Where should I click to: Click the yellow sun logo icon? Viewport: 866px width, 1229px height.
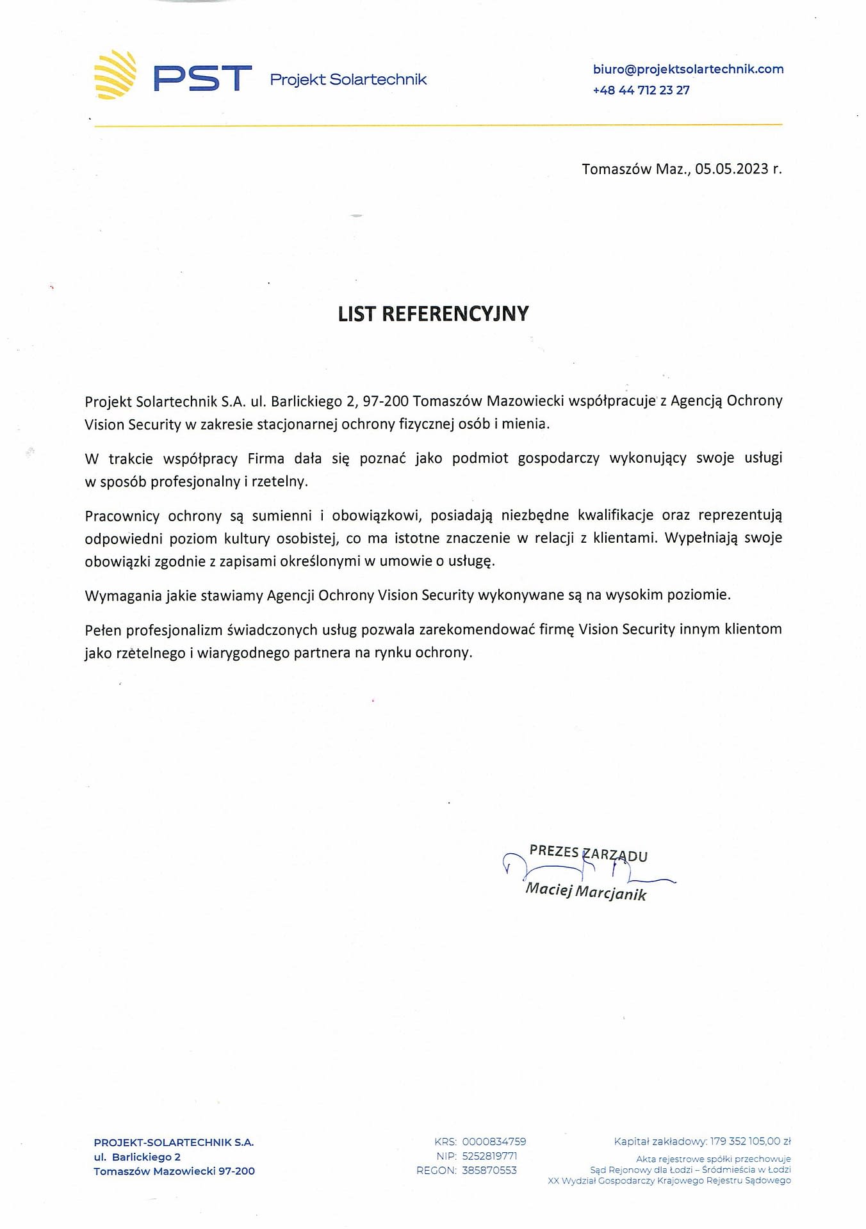click(115, 76)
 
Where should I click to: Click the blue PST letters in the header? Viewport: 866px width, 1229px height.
click(202, 78)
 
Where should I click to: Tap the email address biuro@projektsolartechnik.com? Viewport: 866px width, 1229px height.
click(688, 69)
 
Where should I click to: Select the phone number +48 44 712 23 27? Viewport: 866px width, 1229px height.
click(641, 90)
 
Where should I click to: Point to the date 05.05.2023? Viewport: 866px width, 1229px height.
click(731, 169)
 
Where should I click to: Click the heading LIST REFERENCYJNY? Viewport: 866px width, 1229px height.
click(433, 314)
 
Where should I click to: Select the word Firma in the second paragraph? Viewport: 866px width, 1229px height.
click(266, 458)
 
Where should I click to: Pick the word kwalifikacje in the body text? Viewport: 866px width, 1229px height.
click(616, 515)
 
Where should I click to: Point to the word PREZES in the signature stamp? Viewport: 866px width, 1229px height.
click(554, 851)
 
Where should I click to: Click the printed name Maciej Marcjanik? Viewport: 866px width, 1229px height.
click(585, 891)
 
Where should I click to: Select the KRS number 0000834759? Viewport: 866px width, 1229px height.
click(494, 1141)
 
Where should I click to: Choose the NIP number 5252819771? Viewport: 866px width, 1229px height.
click(489, 1156)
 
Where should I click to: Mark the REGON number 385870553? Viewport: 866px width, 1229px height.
click(489, 1170)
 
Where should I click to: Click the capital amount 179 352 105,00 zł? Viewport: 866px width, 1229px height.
click(750, 1141)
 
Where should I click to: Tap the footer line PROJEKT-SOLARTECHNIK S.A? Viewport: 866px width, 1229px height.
click(174, 1142)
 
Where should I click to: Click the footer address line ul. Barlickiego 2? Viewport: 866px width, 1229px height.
click(137, 1157)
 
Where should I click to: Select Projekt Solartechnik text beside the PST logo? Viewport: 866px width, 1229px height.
click(348, 79)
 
